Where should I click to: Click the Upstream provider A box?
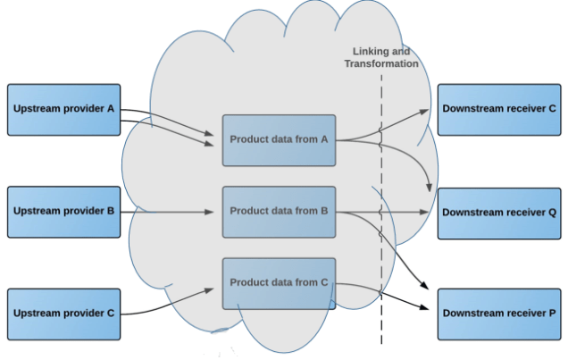[x=63, y=110]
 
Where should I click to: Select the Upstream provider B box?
[x=63, y=212]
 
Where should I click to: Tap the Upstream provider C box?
[x=63, y=314]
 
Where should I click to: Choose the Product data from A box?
[x=279, y=140]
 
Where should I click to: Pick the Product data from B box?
[x=279, y=212]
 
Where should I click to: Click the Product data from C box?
[x=279, y=282]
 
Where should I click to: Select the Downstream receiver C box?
[x=499, y=110]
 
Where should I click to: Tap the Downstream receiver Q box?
[x=499, y=213]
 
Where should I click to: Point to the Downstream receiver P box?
[x=499, y=314]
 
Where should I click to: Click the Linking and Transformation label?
[x=381, y=57]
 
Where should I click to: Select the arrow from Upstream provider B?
[x=170, y=212]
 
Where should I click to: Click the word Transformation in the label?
[x=381, y=63]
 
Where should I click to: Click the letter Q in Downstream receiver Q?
[x=553, y=213]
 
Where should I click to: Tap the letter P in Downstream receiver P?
[x=553, y=314]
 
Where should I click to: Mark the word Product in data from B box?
[x=248, y=211]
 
